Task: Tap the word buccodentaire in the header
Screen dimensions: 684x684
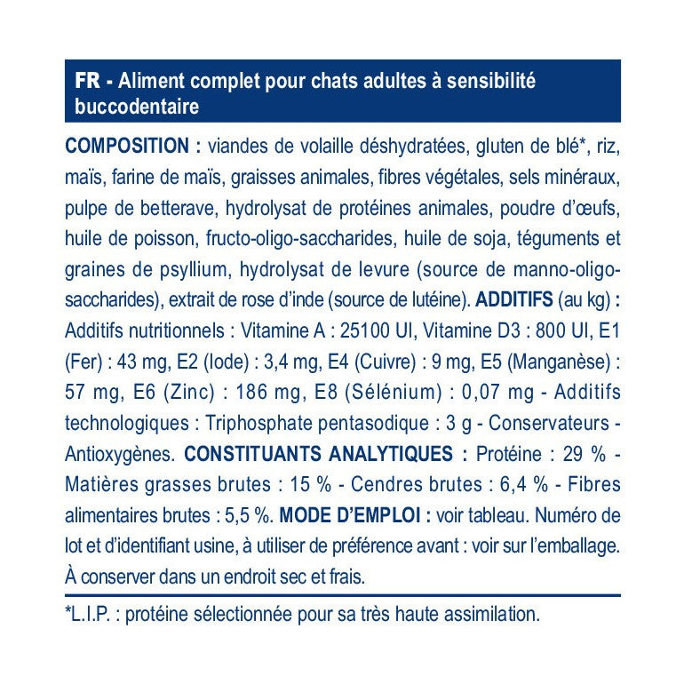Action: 132,107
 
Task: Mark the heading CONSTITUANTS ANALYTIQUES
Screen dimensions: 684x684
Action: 325,455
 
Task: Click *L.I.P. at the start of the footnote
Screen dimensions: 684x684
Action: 91,613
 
